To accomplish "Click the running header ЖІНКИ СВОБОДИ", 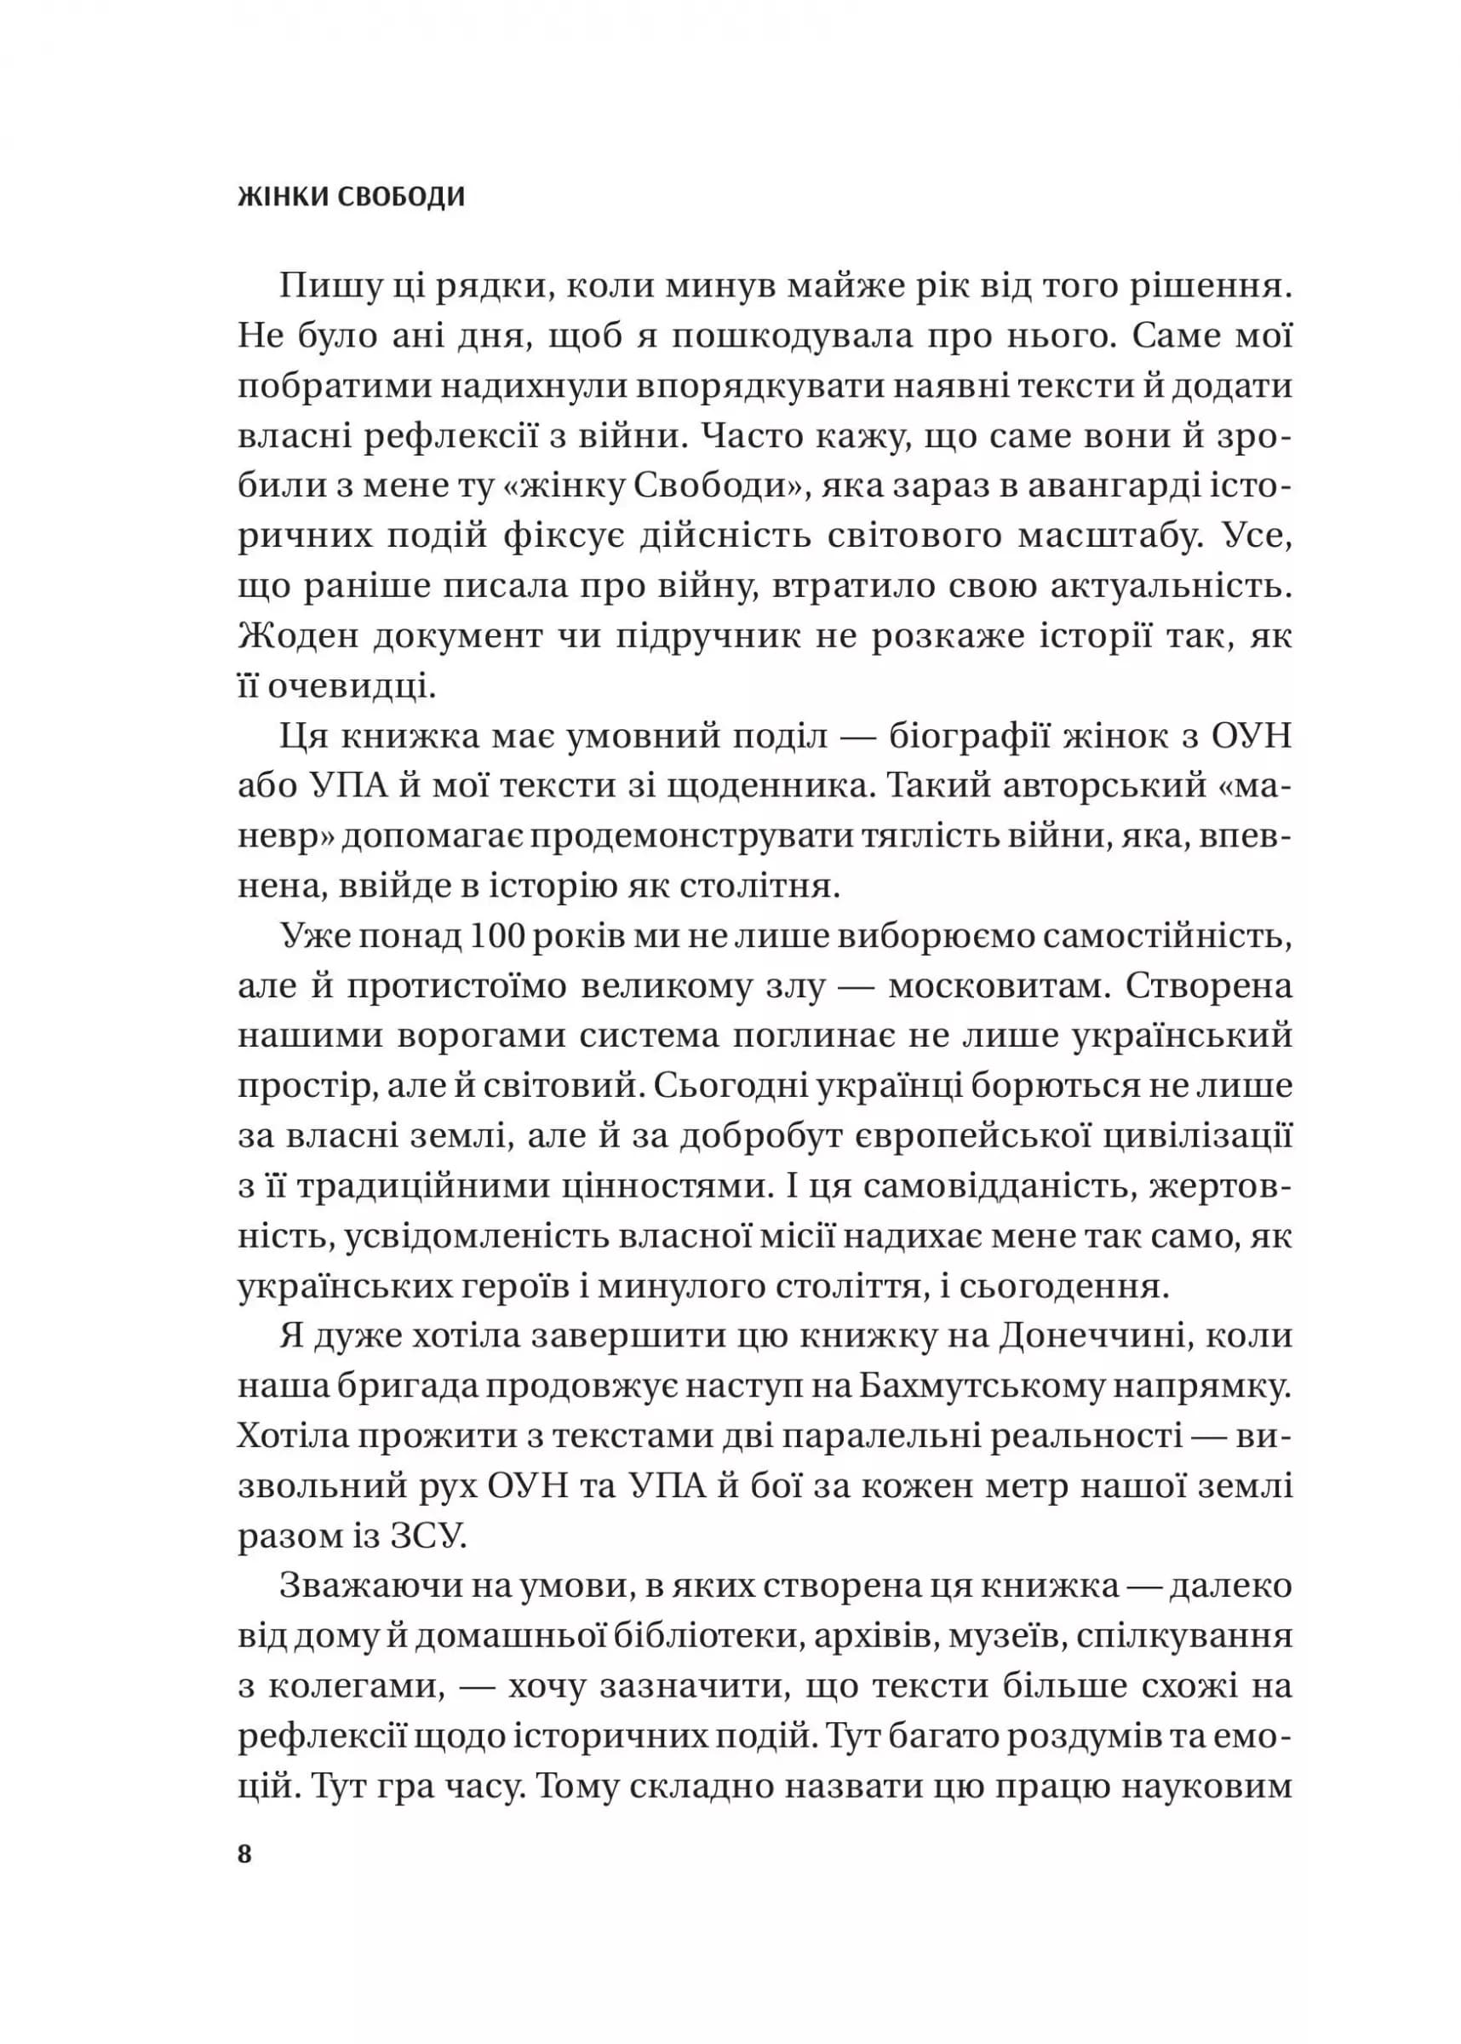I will pos(351,197).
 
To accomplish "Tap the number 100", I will pos(496,937).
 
